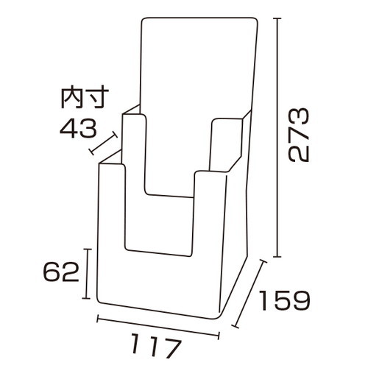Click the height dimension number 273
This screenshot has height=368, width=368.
click(298, 135)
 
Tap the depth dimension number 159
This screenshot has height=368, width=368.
click(284, 300)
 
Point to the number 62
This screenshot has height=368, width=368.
click(61, 272)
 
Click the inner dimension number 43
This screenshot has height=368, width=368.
click(78, 128)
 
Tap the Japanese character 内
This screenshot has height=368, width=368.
click(71, 97)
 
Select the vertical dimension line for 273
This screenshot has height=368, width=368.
click(277, 138)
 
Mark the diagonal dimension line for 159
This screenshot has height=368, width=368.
click(250, 294)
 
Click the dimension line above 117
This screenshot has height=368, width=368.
click(158, 327)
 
